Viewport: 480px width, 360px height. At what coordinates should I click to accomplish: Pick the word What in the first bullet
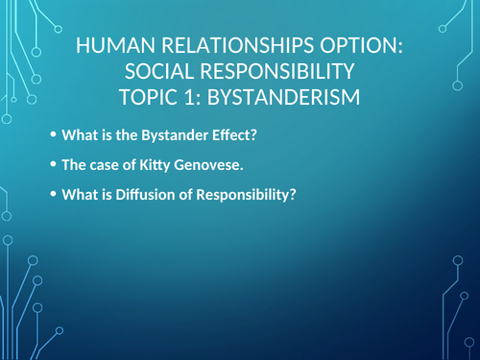[77, 135]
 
